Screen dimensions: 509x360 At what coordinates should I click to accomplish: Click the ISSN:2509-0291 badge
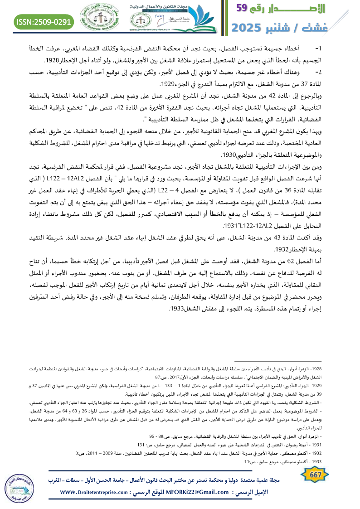(x=44, y=21)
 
